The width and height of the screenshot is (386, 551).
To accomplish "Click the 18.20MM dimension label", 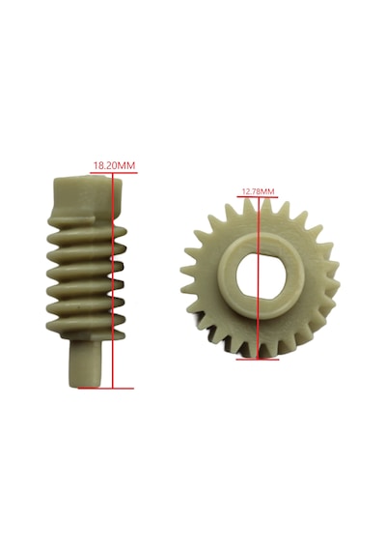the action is tap(114, 165).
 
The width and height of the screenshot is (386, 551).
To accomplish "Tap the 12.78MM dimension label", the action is tap(258, 191).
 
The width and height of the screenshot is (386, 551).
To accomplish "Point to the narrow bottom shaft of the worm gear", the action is tap(86, 364).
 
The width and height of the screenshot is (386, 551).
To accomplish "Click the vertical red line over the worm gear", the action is tap(113, 280).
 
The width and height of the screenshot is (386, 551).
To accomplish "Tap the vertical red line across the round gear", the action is tap(259, 278).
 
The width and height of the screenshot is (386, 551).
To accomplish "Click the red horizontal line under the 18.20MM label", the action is tap(114, 172).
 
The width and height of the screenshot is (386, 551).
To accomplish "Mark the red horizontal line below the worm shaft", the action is tap(106, 389).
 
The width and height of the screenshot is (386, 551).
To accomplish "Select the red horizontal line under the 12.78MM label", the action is tap(258, 197).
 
